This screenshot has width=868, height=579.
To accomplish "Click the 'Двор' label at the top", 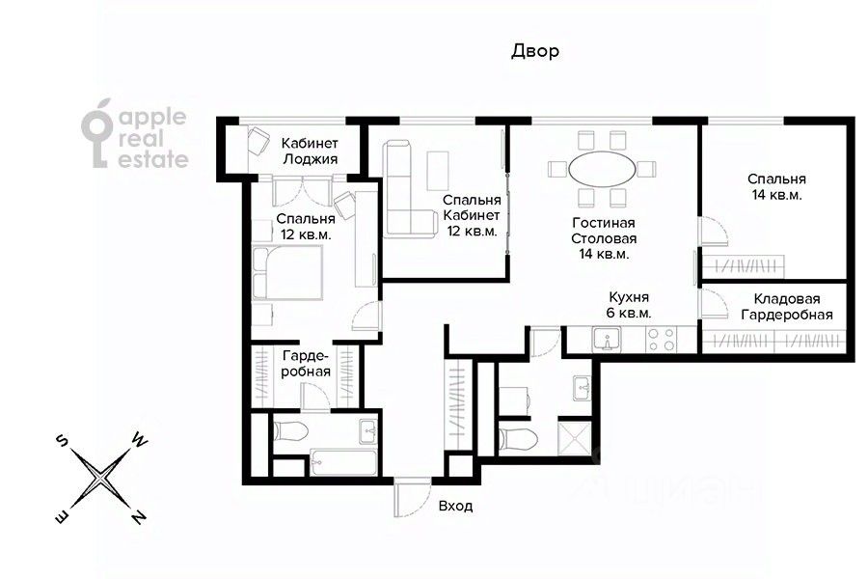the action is pyautogui.click(x=534, y=51).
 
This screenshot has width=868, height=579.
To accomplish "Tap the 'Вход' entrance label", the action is pyautogui.click(x=455, y=506).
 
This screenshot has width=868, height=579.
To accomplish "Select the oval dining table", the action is pyautogui.click(x=602, y=169).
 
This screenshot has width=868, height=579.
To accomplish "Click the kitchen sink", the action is pyautogui.click(x=607, y=339).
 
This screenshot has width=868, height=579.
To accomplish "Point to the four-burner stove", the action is pyautogui.click(x=662, y=340).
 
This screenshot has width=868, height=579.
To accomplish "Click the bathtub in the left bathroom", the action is pyautogui.click(x=343, y=462).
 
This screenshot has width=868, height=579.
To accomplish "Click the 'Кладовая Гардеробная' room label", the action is pyautogui.click(x=787, y=307).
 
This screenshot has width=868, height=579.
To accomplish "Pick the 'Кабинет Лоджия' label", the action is pyautogui.click(x=310, y=152).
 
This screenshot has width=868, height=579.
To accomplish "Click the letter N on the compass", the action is pyautogui.click(x=139, y=517).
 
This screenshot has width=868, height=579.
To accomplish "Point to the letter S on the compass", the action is pyautogui.click(x=62, y=440).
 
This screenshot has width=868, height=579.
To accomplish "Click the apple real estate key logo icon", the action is pyautogui.click(x=97, y=133).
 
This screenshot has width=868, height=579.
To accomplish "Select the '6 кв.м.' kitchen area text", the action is pyautogui.click(x=629, y=313).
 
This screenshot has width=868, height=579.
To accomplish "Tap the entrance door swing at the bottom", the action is pyautogui.click(x=411, y=497).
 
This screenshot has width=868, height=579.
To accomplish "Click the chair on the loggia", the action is pyautogui.click(x=258, y=141).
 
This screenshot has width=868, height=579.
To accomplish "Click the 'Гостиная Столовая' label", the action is pyautogui.click(x=604, y=231).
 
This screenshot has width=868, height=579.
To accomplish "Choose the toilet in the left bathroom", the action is pyautogui.click(x=290, y=431).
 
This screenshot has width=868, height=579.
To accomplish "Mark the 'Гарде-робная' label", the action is pyautogui.click(x=306, y=364).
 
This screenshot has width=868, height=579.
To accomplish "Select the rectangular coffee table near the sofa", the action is pyautogui.click(x=439, y=170).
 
